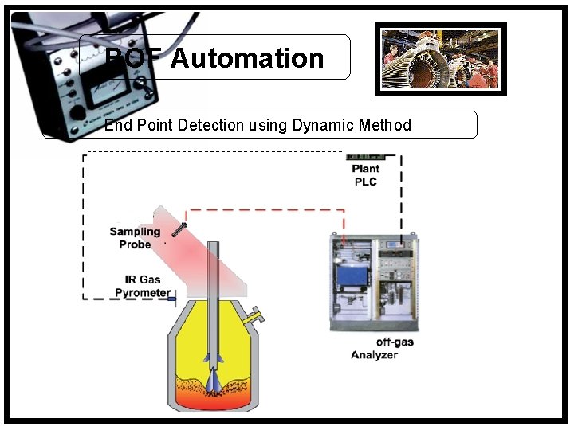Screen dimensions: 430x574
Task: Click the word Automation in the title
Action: pos(247,58)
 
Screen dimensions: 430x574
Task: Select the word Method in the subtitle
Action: pos(385,125)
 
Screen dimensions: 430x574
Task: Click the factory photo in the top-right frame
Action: pos(440,59)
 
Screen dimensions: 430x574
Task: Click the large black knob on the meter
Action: pos(77,112)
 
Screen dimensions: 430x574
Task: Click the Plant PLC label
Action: pos(365,175)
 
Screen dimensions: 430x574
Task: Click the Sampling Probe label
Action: pos(135,238)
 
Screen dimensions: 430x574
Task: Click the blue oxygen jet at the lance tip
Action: pos(214,381)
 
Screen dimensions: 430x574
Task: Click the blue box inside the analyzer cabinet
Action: pos(352,274)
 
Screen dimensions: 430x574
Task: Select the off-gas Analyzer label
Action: pos(383,349)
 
